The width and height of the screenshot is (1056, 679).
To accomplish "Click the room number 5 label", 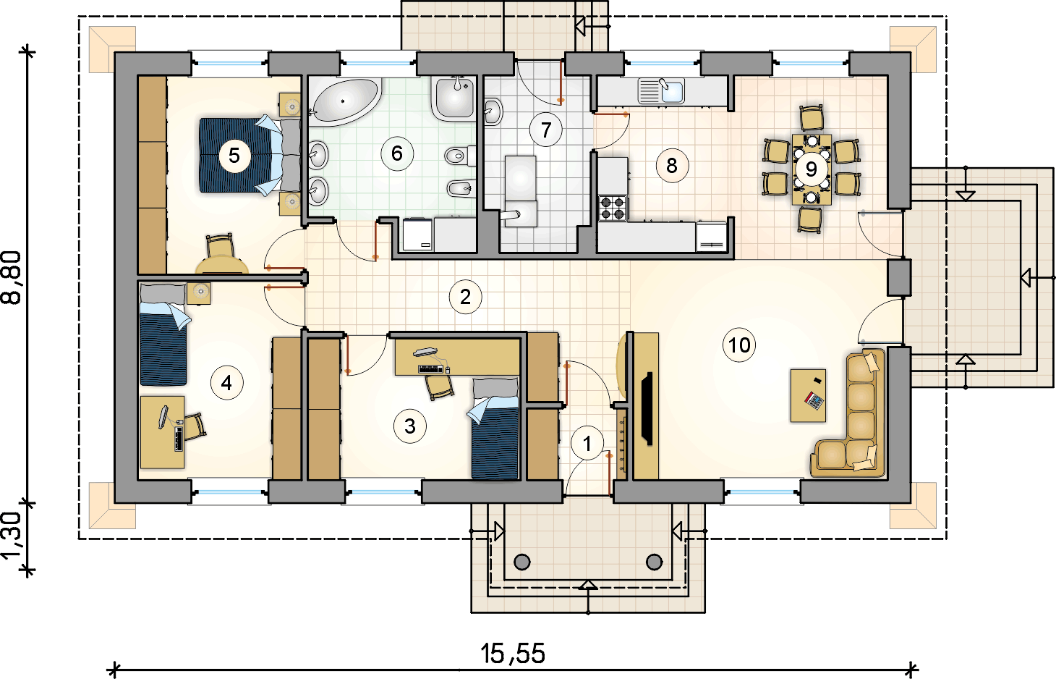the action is tap(234, 156).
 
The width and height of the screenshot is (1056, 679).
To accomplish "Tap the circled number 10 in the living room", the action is tap(739, 345).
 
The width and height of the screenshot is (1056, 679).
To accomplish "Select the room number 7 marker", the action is tap(546, 130).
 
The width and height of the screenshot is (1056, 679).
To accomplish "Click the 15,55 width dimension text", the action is tap(513, 654).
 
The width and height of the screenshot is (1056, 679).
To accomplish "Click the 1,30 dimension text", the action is tap(12, 536).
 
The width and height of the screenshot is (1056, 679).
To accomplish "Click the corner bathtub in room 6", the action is tap(345, 101).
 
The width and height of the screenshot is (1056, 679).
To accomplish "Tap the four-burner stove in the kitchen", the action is tap(613, 209).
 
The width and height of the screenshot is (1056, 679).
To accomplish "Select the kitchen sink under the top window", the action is tap(661, 91).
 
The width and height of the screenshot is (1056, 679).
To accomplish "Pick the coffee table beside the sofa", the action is tap(808, 395).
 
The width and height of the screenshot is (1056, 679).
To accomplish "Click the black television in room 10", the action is tap(647, 408).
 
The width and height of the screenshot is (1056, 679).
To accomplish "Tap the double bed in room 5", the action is tap(250, 155).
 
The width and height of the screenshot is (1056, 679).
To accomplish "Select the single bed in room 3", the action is tap(495, 429).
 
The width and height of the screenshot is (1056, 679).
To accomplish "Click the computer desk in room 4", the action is tap(163, 432).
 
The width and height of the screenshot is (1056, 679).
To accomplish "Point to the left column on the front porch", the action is tap(522, 562).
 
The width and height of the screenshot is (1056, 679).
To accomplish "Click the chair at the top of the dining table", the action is tap(812, 118).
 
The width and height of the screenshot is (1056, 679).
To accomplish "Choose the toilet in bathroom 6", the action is tap(460, 156).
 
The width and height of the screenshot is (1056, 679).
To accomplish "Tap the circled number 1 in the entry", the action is tap(587, 444).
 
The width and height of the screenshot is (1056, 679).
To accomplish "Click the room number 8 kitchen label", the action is tap(672, 166).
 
